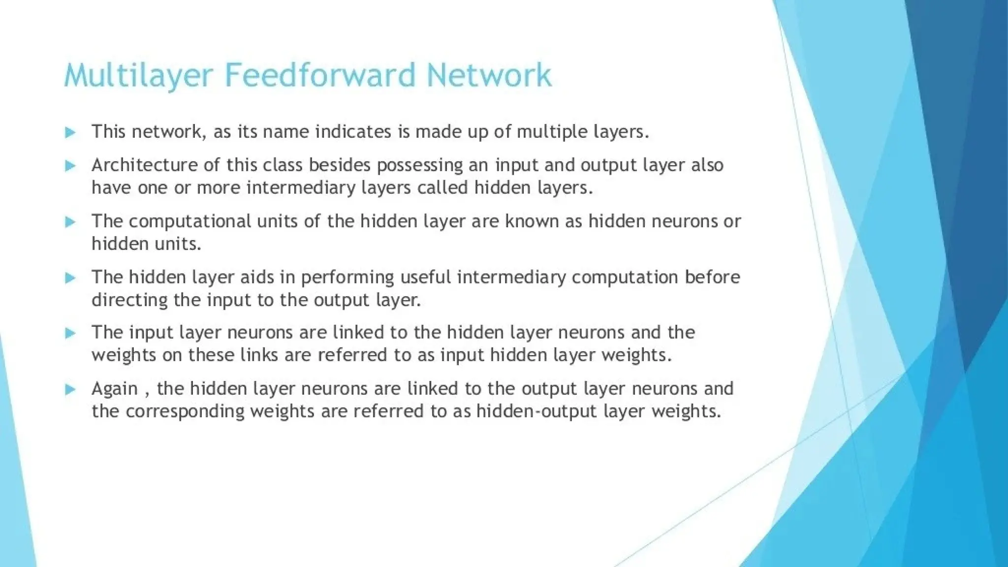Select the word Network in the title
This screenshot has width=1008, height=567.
point(489,75)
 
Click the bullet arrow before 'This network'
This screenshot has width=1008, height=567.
point(70,132)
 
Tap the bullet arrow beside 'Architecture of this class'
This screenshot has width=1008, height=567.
point(70,166)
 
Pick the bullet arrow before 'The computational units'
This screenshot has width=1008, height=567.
point(70,222)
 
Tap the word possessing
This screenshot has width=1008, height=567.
point(419,166)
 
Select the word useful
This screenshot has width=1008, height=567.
point(425,277)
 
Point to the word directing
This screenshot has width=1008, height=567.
point(129,300)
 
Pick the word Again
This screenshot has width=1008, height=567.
point(115,389)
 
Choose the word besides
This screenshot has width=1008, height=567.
point(340,165)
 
